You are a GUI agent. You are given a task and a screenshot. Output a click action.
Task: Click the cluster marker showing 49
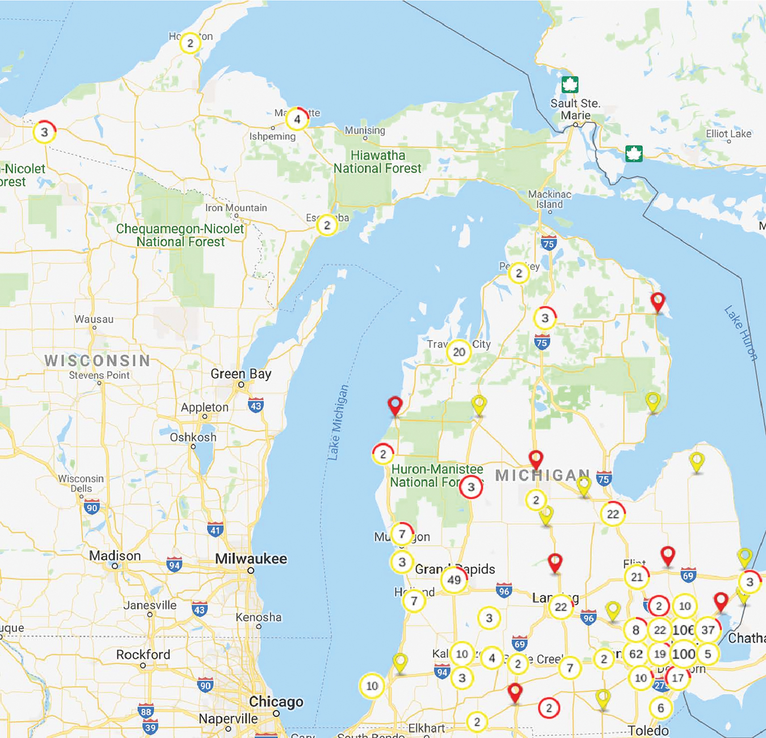(x=454, y=580)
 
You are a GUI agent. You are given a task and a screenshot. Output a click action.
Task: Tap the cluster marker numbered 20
(x=458, y=352)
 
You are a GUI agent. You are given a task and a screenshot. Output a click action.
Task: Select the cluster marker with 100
(x=684, y=654)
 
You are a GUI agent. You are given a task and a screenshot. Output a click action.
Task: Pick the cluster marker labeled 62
(x=635, y=654)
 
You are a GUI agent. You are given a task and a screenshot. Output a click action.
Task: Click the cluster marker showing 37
(x=708, y=630)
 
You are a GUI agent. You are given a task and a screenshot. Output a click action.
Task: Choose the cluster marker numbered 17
(x=677, y=678)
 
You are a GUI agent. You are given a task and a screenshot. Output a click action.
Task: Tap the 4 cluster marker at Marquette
(x=297, y=119)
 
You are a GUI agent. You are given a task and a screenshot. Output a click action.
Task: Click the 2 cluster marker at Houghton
(x=190, y=43)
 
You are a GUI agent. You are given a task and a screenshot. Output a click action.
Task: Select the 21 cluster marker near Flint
(x=637, y=577)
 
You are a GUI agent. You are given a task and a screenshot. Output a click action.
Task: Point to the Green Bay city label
(x=241, y=374)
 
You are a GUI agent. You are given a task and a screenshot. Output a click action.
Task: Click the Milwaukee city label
(x=251, y=559)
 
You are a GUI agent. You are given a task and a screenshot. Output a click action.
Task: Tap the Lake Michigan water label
(x=338, y=422)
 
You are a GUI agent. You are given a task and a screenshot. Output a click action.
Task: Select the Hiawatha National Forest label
(x=377, y=162)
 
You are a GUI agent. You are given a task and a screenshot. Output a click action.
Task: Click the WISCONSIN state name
(x=98, y=360)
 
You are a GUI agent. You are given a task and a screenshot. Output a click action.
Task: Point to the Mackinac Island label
(x=549, y=199)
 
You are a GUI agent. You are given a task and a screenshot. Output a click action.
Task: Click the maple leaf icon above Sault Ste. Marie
(x=570, y=85)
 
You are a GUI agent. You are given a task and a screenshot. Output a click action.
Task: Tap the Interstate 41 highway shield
(x=214, y=530)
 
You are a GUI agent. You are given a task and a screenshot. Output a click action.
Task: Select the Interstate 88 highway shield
(x=146, y=711)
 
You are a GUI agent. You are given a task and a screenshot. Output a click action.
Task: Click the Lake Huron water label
(x=740, y=333)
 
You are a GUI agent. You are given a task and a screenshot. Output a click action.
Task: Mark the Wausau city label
(x=94, y=320)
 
